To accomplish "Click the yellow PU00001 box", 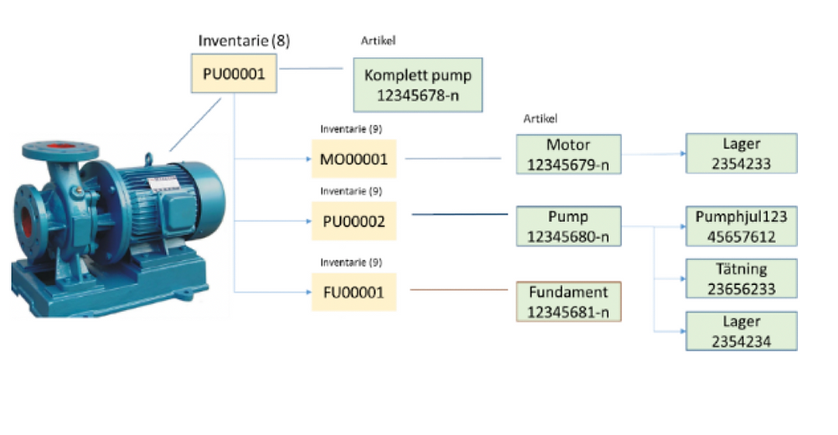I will point(234,74).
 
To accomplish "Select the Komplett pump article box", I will point(418,85).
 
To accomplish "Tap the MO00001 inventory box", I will point(353,158).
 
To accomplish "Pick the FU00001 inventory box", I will point(353,292).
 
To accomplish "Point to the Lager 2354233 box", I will point(741,154).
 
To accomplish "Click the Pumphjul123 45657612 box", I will point(741,226).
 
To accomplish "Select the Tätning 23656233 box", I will point(741,279).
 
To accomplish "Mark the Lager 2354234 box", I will point(741,330).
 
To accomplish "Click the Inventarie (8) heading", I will point(244,40).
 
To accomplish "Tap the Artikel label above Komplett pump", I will point(378,40).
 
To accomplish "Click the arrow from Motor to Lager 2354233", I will point(654,154).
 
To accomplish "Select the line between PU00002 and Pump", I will point(461,215).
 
